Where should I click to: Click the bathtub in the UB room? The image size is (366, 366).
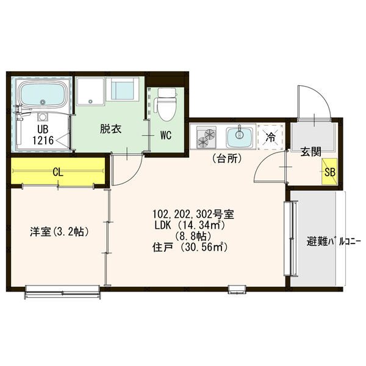pyautogui.click(x=43, y=94)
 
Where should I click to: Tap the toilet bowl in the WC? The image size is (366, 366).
pyautogui.click(x=167, y=109)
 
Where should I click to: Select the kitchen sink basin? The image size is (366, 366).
pyautogui.click(x=239, y=137)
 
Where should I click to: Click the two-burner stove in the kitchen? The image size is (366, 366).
pyautogui.click(x=206, y=137)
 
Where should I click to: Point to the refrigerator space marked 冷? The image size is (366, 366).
pyautogui.click(x=271, y=137)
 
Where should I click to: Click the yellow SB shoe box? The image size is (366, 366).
pyautogui.click(x=329, y=171)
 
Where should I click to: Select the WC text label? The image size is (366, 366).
pyautogui.click(x=166, y=135)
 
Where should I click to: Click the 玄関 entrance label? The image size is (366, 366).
pyautogui.click(x=310, y=152)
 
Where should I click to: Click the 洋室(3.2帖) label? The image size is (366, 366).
pyautogui.click(x=60, y=232)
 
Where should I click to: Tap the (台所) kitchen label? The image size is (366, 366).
pyautogui.click(x=227, y=159)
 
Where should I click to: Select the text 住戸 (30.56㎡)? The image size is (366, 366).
pyautogui.click(x=190, y=248)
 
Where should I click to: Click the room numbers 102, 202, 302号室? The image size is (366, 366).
pyautogui.click(x=193, y=214)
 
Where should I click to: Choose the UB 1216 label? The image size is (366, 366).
pyautogui.click(x=43, y=135)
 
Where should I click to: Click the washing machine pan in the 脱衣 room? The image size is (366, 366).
pyautogui.click(x=90, y=91)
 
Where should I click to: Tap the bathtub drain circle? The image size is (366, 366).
pyautogui.click(x=42, y=102)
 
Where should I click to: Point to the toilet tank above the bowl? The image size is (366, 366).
pyautogui.click(x=167, y=93)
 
